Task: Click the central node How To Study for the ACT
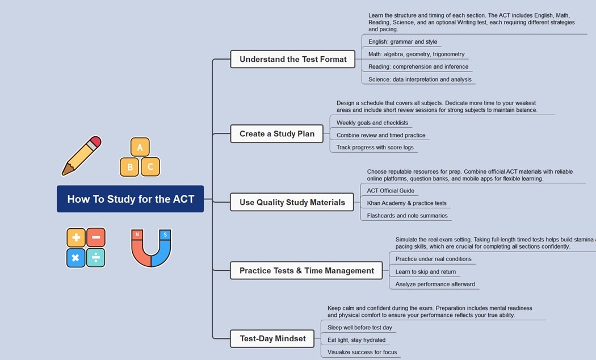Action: (130, 199)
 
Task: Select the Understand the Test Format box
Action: (293, 59)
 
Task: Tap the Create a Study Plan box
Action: (276, 134)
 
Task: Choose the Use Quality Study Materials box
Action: (292, 202)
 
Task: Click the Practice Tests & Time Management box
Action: (307, 270)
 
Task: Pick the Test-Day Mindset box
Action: (272, 338)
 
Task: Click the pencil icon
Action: (81, 156)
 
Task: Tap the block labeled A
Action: (140, 147)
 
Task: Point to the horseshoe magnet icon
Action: (151, 248)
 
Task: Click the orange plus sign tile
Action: (76, 237)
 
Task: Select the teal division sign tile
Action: (96, 258)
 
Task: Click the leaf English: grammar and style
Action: (402, 41)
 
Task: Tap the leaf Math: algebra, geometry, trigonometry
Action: (416, 54)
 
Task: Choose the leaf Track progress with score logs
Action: (375, 147)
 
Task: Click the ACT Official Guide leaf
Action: (391, 191)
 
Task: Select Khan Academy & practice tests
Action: (406, 203)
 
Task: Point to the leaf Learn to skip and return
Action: (425, 271)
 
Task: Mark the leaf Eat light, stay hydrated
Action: (356, 340)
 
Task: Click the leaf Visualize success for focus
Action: (362, 352)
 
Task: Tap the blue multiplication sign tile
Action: (76, 258)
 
